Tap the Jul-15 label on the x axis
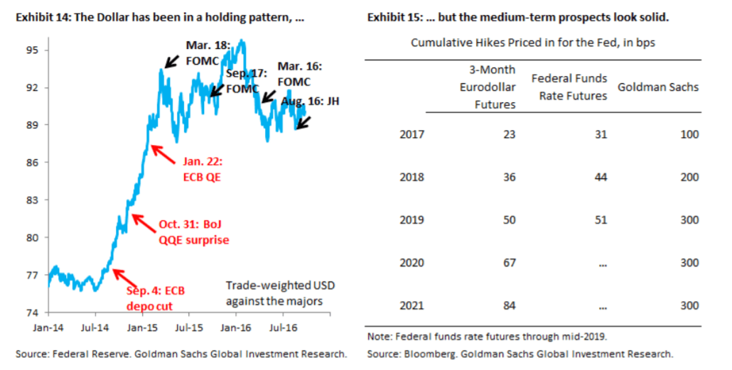[187, 329]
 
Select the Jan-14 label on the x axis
[48, 329]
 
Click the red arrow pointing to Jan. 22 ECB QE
[163, 154]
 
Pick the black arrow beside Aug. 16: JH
[303, 123]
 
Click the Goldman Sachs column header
[657, 87]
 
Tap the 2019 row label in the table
[412, 220]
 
